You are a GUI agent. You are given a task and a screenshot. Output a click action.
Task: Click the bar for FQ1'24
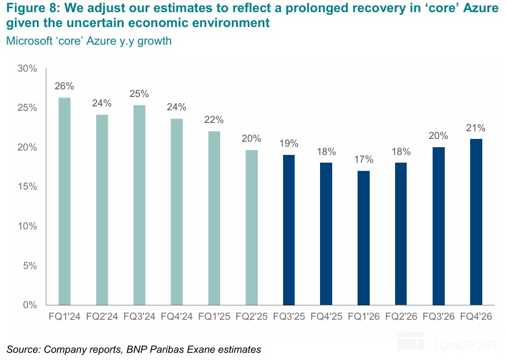tap(65, 201)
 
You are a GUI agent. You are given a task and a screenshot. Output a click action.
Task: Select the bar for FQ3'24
tap(139, 205)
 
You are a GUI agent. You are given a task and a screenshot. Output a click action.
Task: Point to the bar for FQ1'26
tap(364, 238)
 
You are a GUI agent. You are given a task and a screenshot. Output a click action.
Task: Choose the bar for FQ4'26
tap(476, 222)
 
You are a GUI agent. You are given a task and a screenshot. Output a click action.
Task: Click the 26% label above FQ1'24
tap(65, 86)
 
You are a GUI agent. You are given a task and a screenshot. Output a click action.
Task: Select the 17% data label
tap(364, 159)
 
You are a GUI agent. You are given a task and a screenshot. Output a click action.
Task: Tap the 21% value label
tap(476, 128)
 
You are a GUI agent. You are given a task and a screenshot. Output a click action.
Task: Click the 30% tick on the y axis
tap(26, 69)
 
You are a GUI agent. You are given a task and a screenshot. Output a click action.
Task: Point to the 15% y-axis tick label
tap(26, 187)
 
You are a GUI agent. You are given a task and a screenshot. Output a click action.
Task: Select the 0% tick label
tap(29, 305)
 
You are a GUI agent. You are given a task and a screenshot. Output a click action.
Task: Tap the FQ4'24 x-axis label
tap(177, 317)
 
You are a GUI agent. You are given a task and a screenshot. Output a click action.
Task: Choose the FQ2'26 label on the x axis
tap(401, 317)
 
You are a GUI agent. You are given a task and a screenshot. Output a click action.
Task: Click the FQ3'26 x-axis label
tap(439, 317)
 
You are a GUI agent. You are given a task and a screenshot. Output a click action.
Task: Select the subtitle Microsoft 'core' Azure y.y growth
tap(89, 41)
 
